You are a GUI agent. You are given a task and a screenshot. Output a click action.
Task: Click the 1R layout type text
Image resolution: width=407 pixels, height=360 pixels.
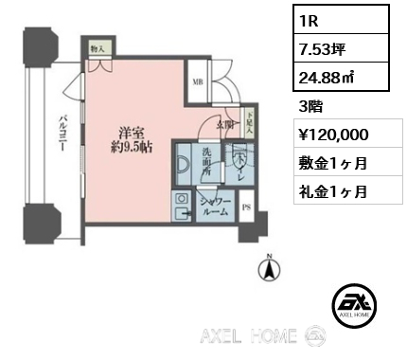pyautogui.click(x=309, y=19)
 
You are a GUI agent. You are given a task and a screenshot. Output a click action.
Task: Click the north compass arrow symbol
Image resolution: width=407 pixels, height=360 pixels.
pyautogui.click(x=271, y=270)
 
